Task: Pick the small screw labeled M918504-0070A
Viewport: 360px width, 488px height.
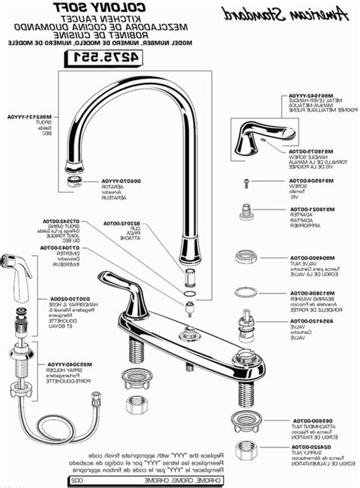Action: tap(245, 181)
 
